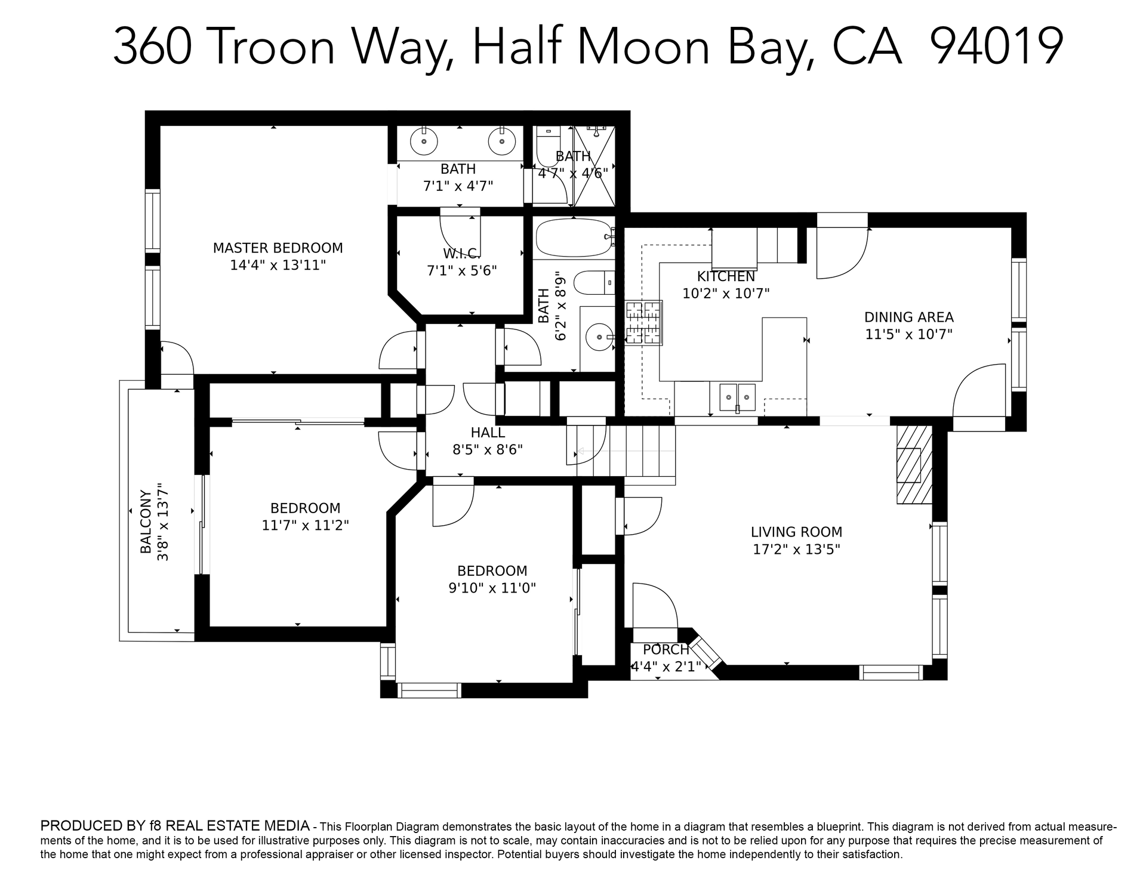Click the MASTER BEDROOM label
point(278,248)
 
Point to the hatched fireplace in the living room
point(913,464)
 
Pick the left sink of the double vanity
point(424,141)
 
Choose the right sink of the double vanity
point(501,141)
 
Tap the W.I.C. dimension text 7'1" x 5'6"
point(461,271)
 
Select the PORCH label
point(666,649)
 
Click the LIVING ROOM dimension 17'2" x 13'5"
point(796,549)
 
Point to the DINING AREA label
point(908,317)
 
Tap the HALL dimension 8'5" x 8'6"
point(488,449)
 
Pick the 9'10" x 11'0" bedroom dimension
point(492,588)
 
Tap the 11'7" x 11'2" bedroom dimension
point(305,525)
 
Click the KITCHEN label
point(726,276)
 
